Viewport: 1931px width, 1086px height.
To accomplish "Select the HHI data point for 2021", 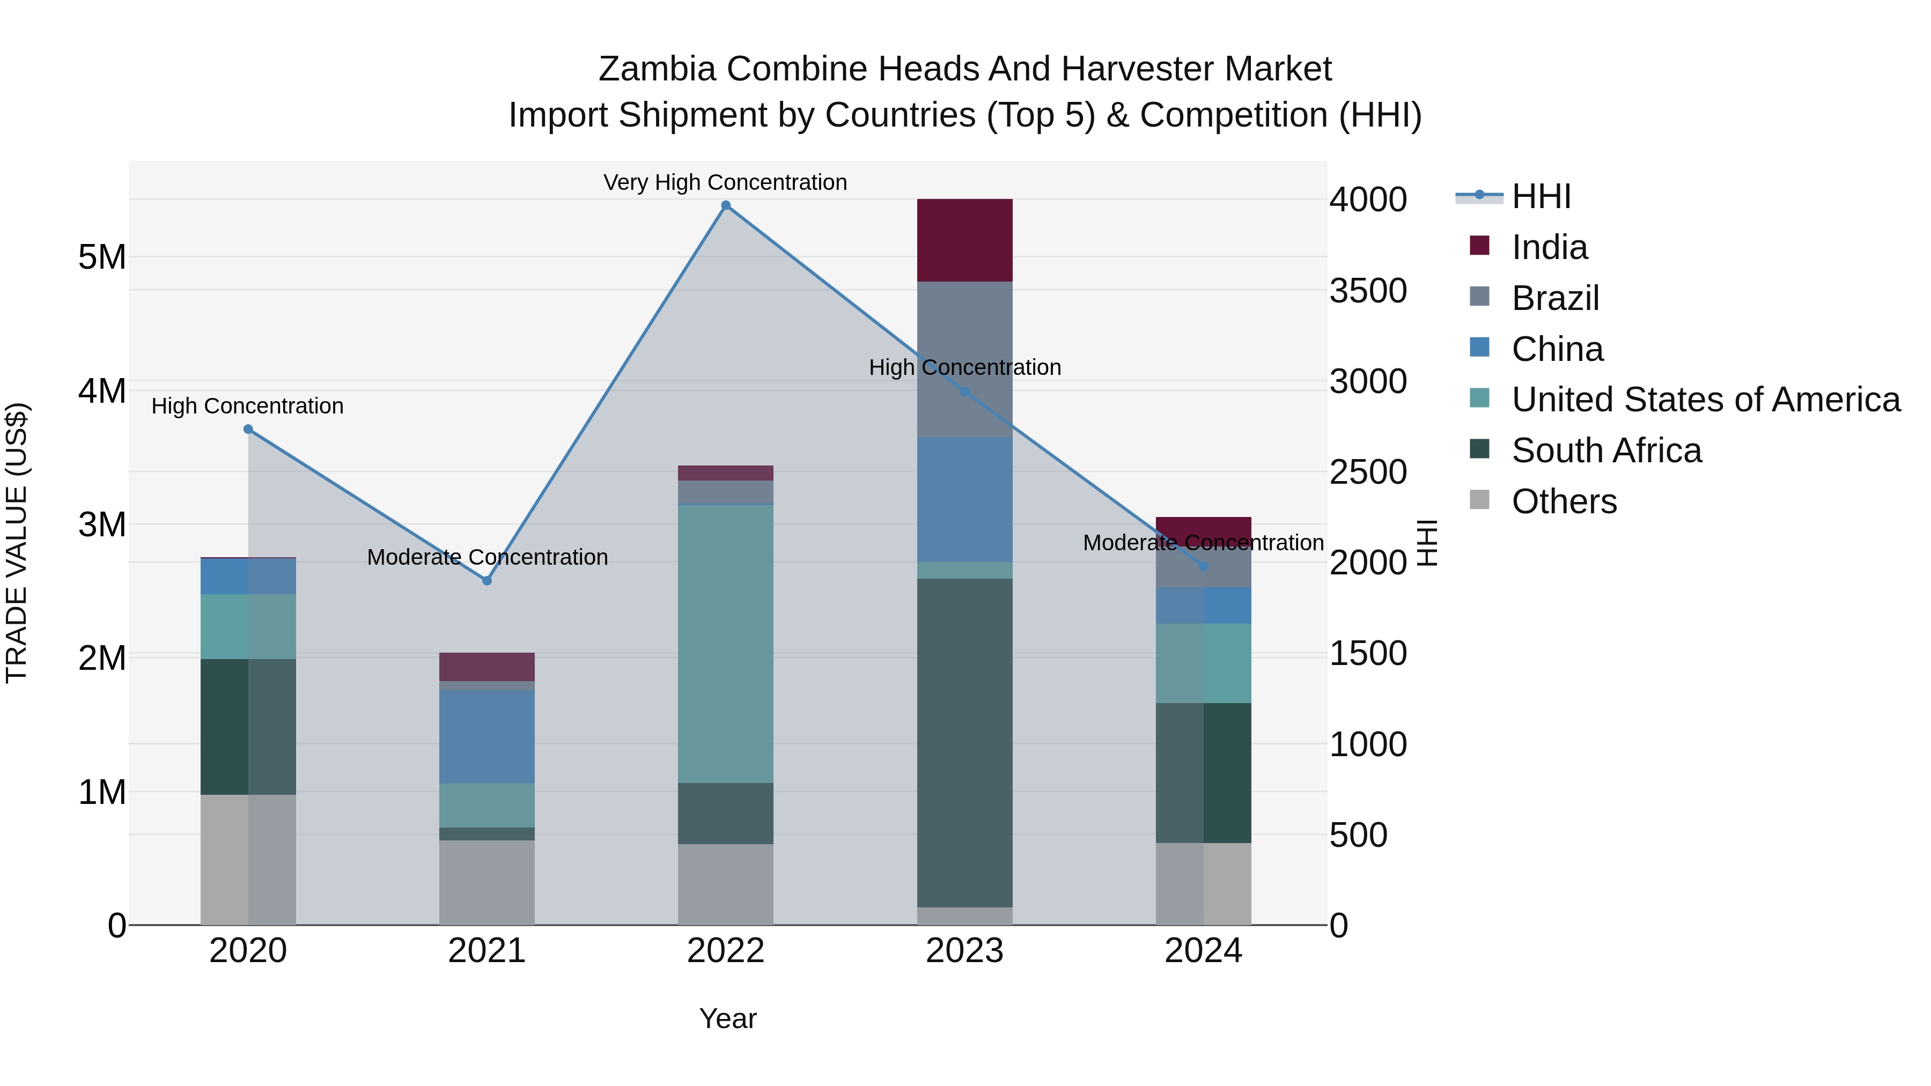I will (487, 581).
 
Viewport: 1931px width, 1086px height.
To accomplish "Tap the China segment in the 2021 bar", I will (487, 737).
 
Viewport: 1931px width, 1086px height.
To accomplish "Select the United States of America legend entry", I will (1705, 400).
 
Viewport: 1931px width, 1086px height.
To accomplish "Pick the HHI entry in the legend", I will (1541, 196).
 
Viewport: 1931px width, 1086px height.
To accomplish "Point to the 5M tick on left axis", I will (102, 257).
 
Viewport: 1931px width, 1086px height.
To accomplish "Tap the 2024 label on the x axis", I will (1203, 951).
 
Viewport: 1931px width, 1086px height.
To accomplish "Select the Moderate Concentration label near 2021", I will (487, 557).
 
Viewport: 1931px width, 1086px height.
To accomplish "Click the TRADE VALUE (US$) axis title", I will (17, 543).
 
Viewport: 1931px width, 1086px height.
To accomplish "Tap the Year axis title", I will (727, 1018).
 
